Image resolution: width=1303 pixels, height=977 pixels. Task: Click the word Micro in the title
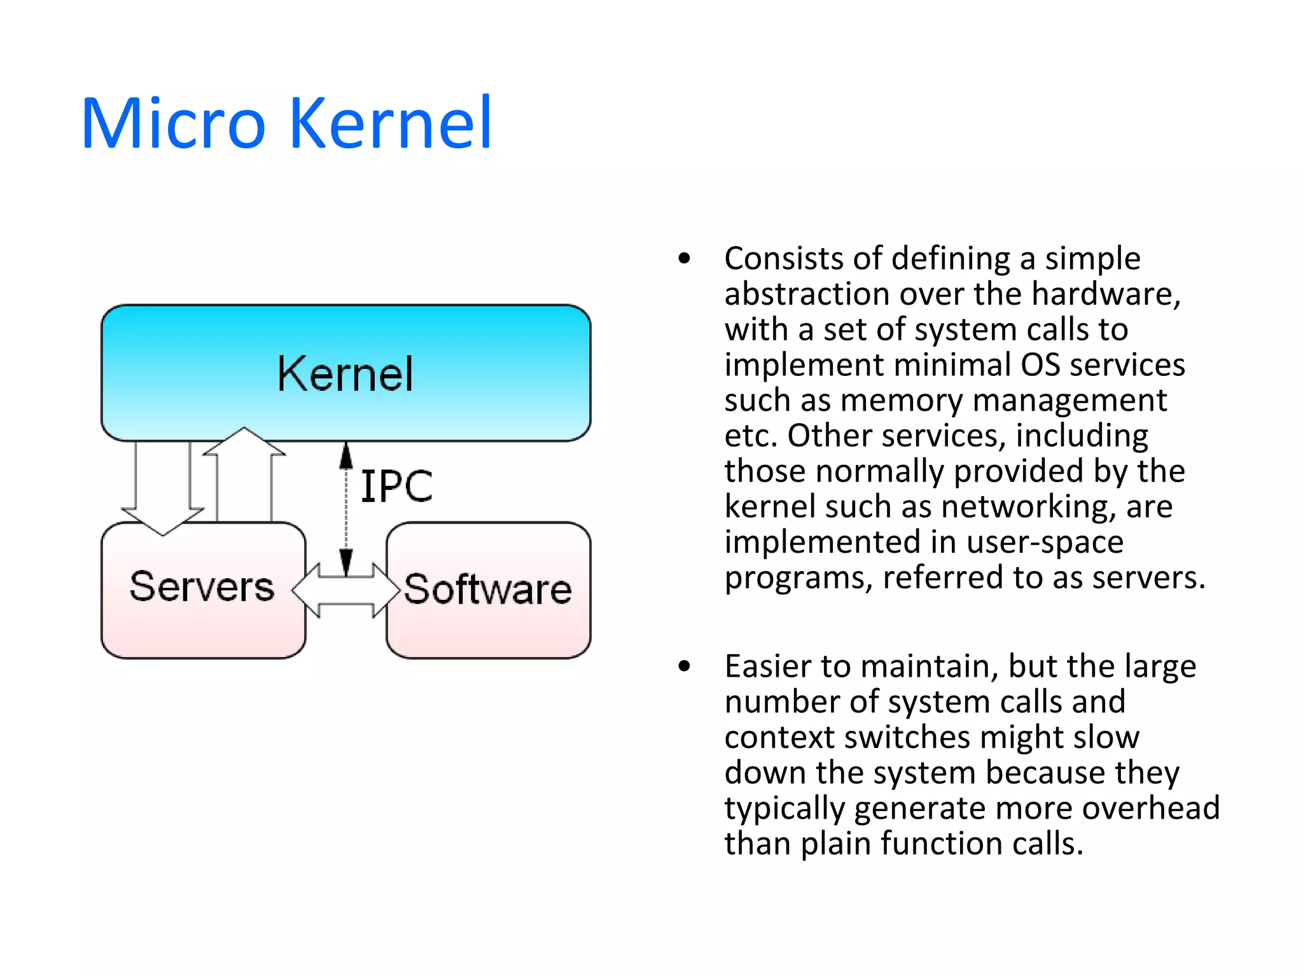[173, 123]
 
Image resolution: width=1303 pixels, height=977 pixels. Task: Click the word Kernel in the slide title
[391, 123]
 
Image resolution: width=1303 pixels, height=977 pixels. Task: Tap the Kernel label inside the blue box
[345, 374]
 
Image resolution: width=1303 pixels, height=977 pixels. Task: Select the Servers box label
[202, 586]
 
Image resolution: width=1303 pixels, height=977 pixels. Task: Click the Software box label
[488, 589]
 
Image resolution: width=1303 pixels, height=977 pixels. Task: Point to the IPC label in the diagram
[396, 487]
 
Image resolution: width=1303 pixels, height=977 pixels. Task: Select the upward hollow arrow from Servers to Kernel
[244, 474]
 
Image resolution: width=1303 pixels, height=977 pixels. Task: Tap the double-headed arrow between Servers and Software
[345, 590]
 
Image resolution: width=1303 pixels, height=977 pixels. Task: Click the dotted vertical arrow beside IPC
[346, 509]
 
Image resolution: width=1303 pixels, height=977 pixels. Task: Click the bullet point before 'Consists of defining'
[685, 258]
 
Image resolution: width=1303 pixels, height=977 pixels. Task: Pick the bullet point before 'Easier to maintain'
[685, 666]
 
